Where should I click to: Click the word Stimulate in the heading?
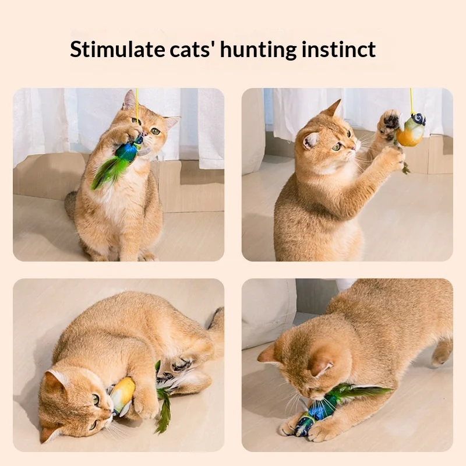pos(117,49)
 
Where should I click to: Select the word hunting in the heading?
pos(258,50)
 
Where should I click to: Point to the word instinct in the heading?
pos(338,49)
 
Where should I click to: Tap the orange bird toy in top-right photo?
pos(410,130)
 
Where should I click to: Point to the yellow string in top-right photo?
pos(412,100)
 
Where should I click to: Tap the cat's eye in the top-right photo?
pos(337,146)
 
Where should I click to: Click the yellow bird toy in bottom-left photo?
pos(121,396)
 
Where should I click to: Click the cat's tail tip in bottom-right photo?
pos(439,358)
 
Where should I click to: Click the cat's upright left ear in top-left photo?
pos(129,100)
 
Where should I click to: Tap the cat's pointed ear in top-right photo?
pos(336,108)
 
